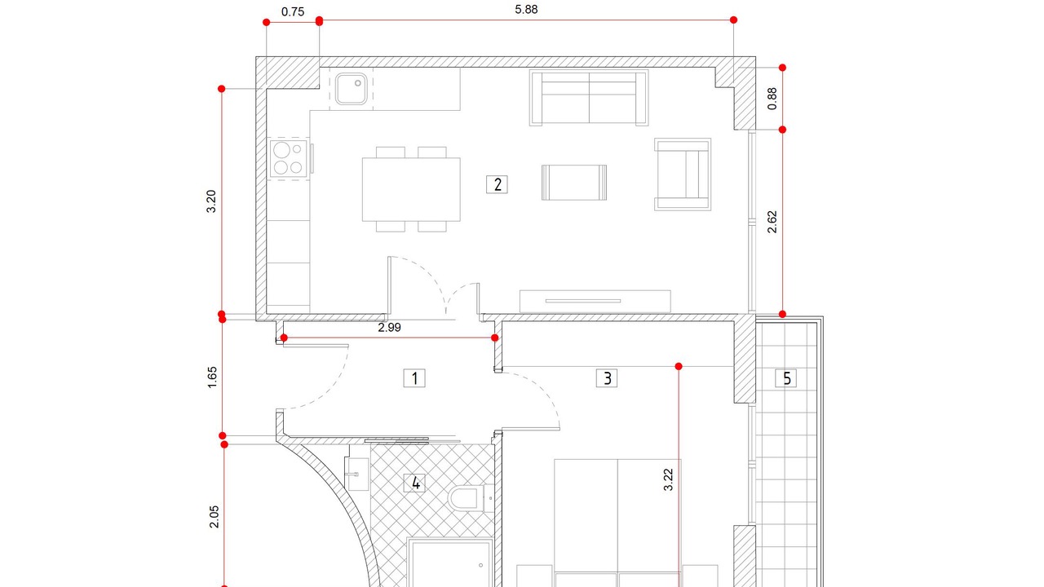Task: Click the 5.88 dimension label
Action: click(x=526, y=10)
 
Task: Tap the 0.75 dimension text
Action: click(x=293, y=12)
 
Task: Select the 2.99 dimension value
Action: click(x=389, y=328)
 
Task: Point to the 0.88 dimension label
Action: click(x=772, y=99)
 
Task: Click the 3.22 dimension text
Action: click(x=668, y=480)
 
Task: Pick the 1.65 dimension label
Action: click(x=212, y=377)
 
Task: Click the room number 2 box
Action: click(x=497, y=184)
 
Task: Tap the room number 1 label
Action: click(x=414, y=378)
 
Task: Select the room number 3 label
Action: click(x=607, y=378)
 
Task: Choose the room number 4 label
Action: click(x=414, y=483)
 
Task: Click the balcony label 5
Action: click(x=785, y=378)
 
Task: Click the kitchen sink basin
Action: click(x=351, y=89)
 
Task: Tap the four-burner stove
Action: click(x=289, y=159)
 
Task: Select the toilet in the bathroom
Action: click(x=471, y=498)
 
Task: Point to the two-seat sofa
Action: click(x=589, y=98)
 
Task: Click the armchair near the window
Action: click(x=683, y=174)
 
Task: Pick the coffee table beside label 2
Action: click(x=574, y=183)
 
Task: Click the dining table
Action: click(x=411, y=189)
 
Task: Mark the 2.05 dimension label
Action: click(x=214, y=517)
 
